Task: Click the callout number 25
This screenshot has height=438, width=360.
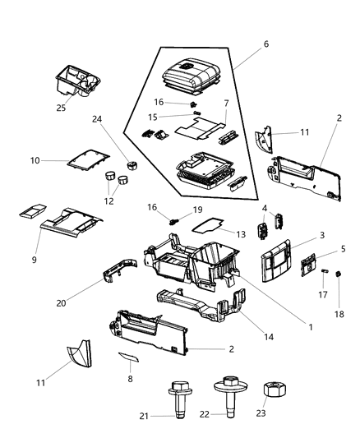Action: point(61,108)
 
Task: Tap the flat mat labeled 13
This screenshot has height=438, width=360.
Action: point(214,222)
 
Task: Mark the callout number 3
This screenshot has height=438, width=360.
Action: point(322,235)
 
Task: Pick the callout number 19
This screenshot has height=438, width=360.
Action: point(198,210)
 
